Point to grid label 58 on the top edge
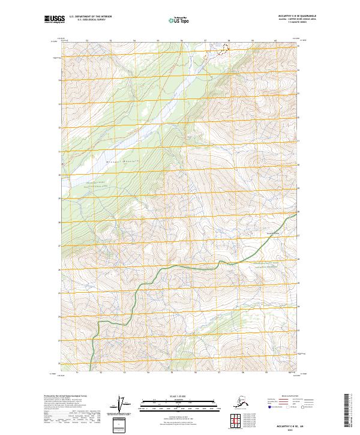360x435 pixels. (x=227, y=41)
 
